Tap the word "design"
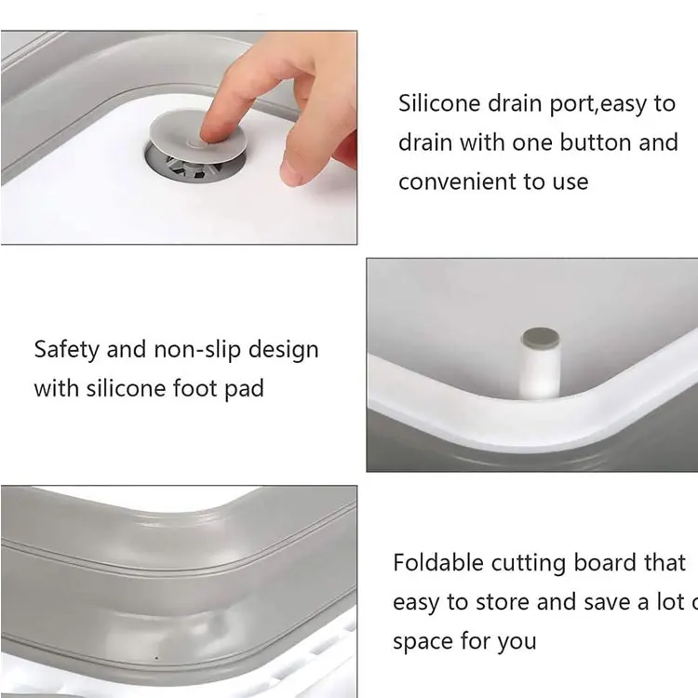point(284,350)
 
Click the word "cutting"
point(533,564)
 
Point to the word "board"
point(611,563)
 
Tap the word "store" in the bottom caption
point(503,602)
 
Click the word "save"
point(609,602)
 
